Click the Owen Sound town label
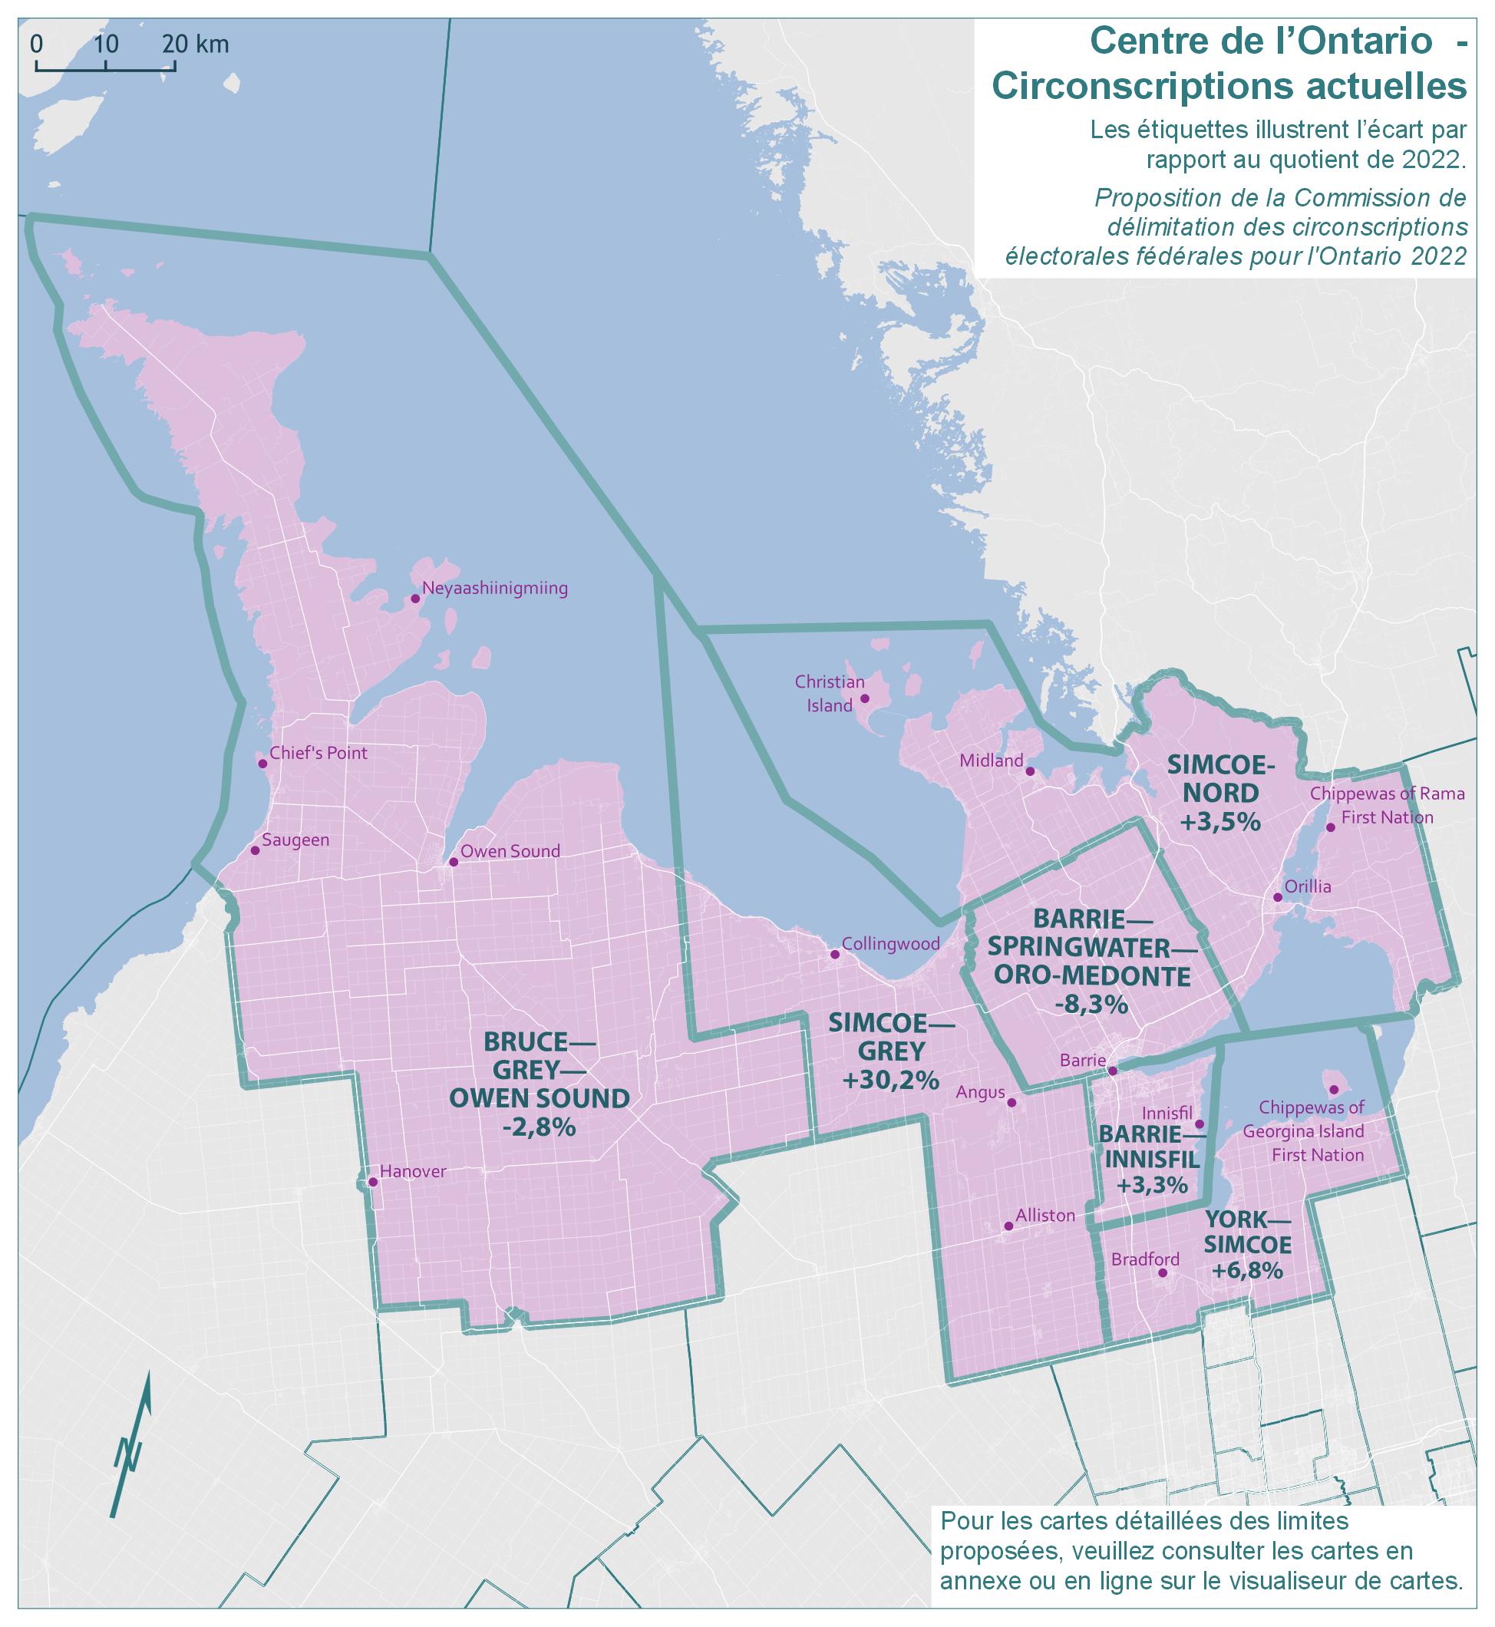click(x=510, y=851)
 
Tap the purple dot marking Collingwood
click(x=836, y=955)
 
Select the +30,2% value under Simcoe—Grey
click(x=891, y=1079)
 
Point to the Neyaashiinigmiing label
click(x=495, y=588)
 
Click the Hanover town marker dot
click(x=373, y=1182)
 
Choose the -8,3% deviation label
click(x=1091, y=1005)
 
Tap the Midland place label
click(x=991, y=761)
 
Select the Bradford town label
click(x=1146, y=1259)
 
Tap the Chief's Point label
click(x=318, y=753)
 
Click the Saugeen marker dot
click(x=256, y=850)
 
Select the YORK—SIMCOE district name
click(x=1247, y=1233)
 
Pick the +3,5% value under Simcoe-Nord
click(x=1221, y=822)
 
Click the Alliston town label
click(x=1046, y=1215)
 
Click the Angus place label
click(x=981, y=1093)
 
